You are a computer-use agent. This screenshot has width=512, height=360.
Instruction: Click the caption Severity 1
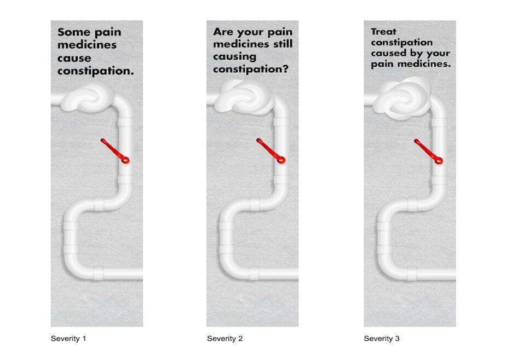pos(68,339)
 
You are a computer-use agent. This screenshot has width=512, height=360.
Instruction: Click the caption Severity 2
pos(225,339)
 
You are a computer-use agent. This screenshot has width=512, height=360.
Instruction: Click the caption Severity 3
pos(382,339)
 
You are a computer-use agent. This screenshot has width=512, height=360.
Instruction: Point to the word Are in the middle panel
pos(223,32)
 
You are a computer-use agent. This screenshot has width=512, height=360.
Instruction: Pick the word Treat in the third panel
pos(383,32)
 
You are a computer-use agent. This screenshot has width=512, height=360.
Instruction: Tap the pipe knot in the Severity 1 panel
pos(88,98)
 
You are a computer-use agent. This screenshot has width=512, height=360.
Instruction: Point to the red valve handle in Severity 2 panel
pos(270,150)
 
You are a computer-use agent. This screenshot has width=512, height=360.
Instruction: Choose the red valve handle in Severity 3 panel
pos(428,150)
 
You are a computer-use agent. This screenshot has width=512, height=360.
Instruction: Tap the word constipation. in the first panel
pos(96,71)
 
